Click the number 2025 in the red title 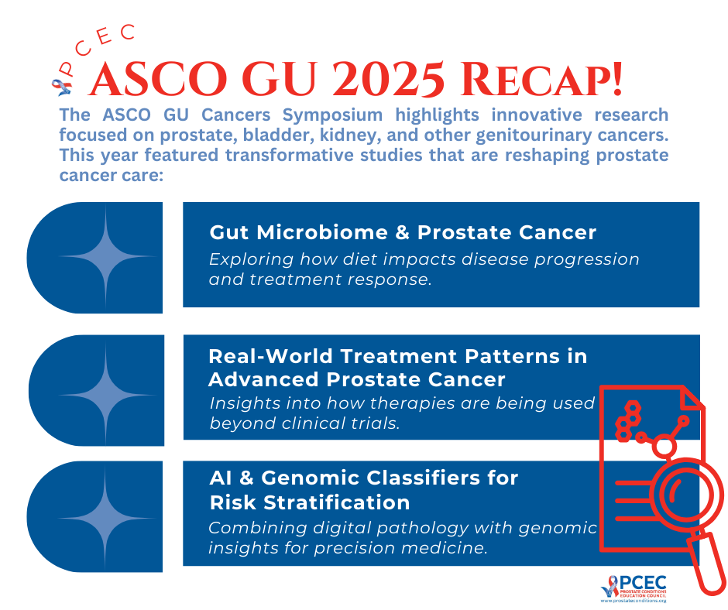[389, 80]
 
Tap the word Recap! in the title [541, 80]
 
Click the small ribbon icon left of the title [62, 87]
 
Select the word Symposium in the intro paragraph [332, 115]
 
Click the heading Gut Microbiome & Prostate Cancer [403, 232]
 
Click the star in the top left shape [106, 256]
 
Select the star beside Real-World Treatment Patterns [106, 395]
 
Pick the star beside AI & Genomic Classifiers [105, 518]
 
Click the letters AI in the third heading [221, 478]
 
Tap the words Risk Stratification [310, 502]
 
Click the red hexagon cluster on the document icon [628, 421]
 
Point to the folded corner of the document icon [692, 399]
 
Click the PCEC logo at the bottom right [634, 588]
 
